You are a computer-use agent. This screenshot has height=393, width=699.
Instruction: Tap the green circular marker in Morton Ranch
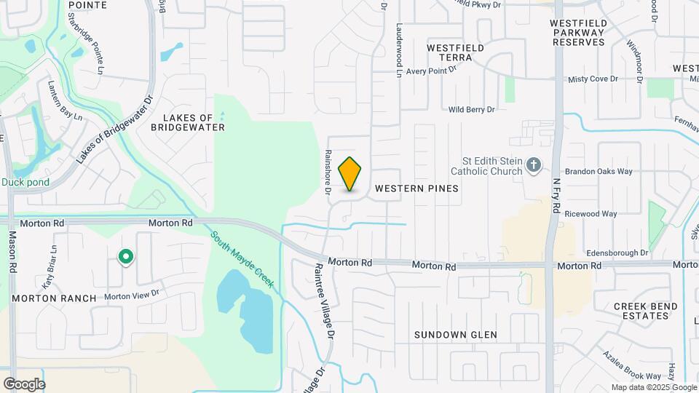tap(126, 256)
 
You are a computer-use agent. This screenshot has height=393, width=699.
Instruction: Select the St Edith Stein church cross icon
tap(534, 166)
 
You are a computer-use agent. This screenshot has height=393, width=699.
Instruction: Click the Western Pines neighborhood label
tap(416, 188)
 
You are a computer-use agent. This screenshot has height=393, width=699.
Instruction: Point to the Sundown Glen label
tap(456, 335)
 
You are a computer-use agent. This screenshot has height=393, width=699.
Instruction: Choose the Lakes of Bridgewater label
tap(188, 122)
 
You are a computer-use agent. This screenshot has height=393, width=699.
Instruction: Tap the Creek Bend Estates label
tap(645, 311)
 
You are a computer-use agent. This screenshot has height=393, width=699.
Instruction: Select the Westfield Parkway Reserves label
tap(588, 32)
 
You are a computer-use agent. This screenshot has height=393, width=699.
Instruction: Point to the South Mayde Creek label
tap(242, 260)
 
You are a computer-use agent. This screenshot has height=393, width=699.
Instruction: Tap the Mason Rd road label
tap(12, 252)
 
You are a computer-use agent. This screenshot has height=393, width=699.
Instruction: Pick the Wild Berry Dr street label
tap(471, 109)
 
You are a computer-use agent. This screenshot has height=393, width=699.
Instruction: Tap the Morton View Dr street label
tap(131, 295)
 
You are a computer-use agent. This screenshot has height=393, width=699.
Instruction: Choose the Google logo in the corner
tap(24, 384)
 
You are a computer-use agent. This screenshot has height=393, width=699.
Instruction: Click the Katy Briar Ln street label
tap(49, 273)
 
